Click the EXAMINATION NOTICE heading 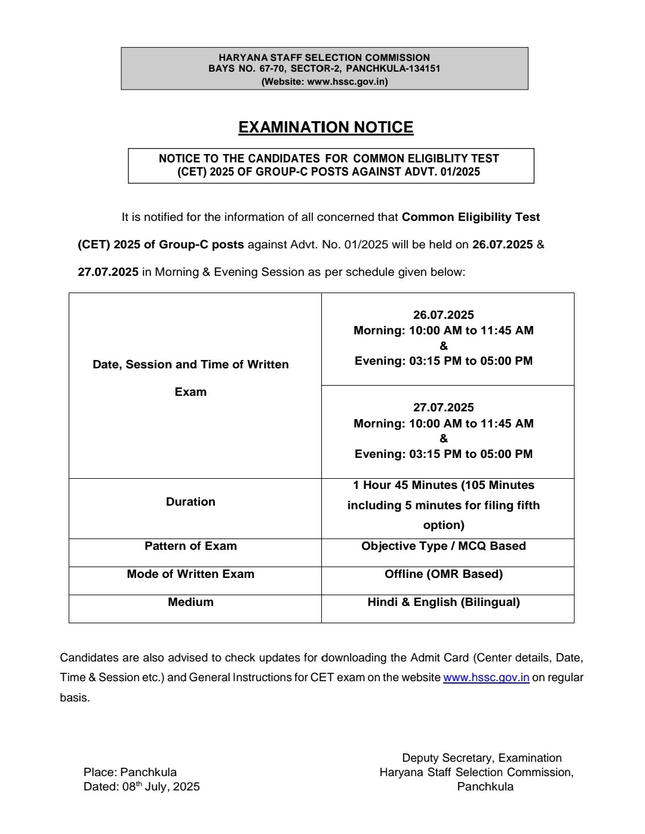[x=325, y=127]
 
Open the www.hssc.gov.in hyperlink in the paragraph [x=486, y=678]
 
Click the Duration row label [x=191, y=502]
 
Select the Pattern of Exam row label [x=191, y=546]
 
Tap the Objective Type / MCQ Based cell [x=443, y=546]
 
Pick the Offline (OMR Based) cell [x=443, y=574]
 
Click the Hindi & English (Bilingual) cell [x=443, y=602]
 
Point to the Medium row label [x=191, y=602]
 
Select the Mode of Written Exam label [x=191, y=574]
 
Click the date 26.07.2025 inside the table [x=443, y=315]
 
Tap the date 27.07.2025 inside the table [x=443, y=408]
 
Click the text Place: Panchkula [x=130, y=773]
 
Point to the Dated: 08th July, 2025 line [x=142, y=787]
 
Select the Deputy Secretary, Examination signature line [x=481, y=758]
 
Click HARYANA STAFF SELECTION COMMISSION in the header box [x=324, y=58]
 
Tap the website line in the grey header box [x=324, y=82]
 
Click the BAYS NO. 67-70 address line [x=324, y=69]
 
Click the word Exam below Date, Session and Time [x=191, y=392]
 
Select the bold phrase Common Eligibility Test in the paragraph [x=471, y=217]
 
